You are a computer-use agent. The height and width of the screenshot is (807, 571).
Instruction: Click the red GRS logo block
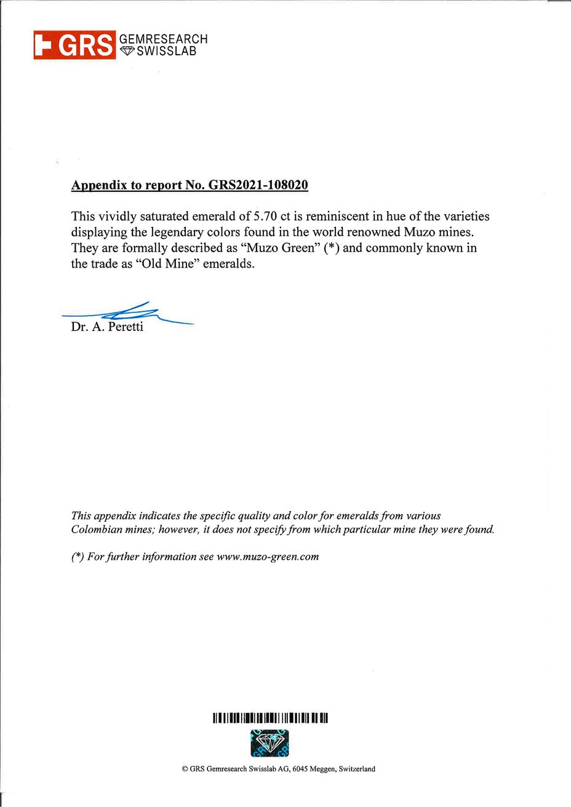(x=74, y=45)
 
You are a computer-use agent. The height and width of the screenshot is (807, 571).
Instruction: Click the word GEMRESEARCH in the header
(x=163, y=39)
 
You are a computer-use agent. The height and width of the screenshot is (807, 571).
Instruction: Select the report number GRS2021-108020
(x=259, y=185)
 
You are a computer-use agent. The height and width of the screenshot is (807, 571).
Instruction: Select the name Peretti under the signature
(x=126, y=327)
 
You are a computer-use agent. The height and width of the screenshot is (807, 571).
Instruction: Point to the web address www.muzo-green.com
(x=268, y=557)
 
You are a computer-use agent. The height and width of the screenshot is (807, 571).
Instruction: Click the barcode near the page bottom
(x=270, y=718)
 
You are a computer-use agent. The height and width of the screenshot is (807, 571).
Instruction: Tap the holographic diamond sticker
(x=270, y=743)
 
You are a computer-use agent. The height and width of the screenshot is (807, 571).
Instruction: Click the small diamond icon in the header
(x=127, y=52)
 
